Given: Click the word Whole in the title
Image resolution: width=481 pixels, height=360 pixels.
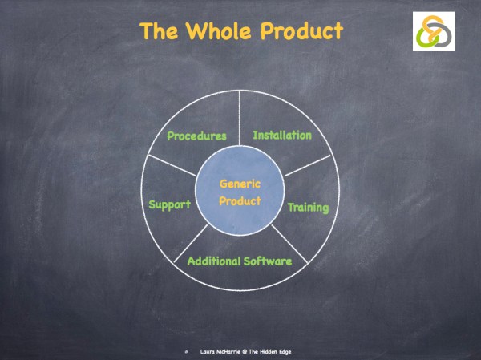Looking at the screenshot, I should click(x=221, y=32).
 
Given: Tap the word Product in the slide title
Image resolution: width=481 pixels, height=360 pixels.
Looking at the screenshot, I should click(x=301, y=32).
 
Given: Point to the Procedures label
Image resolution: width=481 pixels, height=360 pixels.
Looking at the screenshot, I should click(x=196, y=136).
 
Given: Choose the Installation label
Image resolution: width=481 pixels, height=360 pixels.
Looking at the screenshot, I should click(x=282, y=135).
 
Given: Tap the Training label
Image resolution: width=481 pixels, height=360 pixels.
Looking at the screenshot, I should click(x=309, y=208).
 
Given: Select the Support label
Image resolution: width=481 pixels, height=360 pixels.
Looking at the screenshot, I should click(x=170, y=204).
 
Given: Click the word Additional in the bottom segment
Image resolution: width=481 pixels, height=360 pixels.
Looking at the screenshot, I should click(x=214, y=261).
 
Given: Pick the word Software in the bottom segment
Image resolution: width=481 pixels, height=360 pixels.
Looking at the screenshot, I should click(x=268, y=261).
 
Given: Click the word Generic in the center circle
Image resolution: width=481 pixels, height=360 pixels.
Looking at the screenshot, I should click(x=240, y=184).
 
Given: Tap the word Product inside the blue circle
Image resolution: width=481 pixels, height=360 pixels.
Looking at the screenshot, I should click(x=240, y=200).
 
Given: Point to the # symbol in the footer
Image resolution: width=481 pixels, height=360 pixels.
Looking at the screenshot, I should click(x=185, y=351).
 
